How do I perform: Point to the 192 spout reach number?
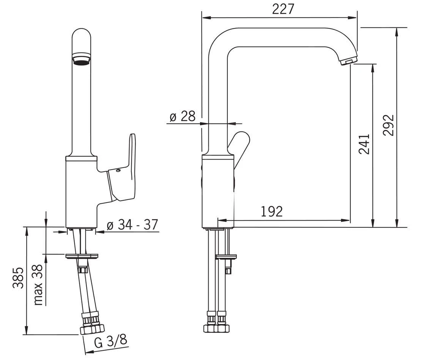pyautogui.click(x=272, y=212)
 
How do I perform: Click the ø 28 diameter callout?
pyautogui.click(x=183, y=116)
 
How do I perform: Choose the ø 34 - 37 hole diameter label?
pyautogui.click(x=132, y=225)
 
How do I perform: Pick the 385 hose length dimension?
pyautogui.click(x=18, y=278)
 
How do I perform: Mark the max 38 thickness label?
pyautogui.click(x=38, y=284)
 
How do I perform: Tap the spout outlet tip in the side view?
pyautogui.click(x=349, y=61)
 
